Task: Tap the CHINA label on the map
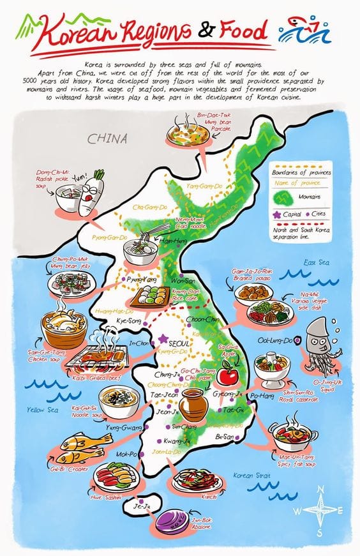[108, 139]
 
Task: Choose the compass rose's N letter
[320, 489]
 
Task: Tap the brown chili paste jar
[191, 405]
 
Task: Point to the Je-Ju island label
[140, 507]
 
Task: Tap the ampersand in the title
[208, 31]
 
